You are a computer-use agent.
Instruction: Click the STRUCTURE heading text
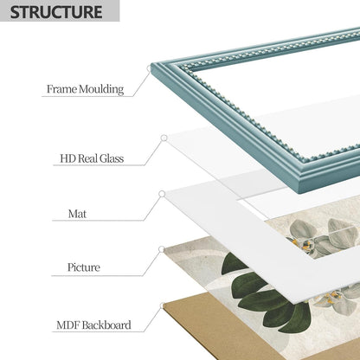[56, 11]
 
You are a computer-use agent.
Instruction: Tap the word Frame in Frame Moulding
[61, 88]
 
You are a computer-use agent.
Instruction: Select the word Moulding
[101, 89]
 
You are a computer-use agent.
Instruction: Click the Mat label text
[77, 214]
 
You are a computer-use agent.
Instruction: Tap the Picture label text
[84, 267]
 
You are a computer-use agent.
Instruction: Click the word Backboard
[106, 325]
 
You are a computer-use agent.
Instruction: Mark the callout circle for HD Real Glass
[164, 138]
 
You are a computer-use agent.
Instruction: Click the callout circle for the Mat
[162, 194]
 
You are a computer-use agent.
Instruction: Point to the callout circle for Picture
[162, 249]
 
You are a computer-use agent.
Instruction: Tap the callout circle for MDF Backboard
[164, 305]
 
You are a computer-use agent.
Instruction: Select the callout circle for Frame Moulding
[149, 68]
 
